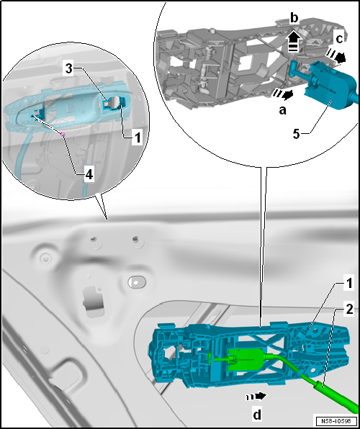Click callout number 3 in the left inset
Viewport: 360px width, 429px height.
tap(69, 70)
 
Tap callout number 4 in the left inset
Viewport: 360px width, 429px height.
tap(89, 175)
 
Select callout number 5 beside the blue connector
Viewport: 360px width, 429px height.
tap(297, 134)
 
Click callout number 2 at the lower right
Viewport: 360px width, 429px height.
tap(348, 310)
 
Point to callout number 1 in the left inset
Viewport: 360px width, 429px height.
tap(137, 137)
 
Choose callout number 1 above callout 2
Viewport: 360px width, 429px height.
tap(348, 284)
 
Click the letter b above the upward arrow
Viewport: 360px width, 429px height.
tap(294, 19)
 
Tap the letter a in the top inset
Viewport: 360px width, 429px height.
tap(282, 110)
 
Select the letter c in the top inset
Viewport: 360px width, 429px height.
tap(339, 39)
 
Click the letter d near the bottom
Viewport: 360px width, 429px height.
tap(256, 415)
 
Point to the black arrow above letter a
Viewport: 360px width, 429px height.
tap(282, 94)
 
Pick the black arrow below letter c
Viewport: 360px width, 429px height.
tap(336, 56)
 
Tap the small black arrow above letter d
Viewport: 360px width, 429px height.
tap(256, 396)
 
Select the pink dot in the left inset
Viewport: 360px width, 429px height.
tap(63, 134)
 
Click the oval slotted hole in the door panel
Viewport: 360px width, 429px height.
tap(137, 281)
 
